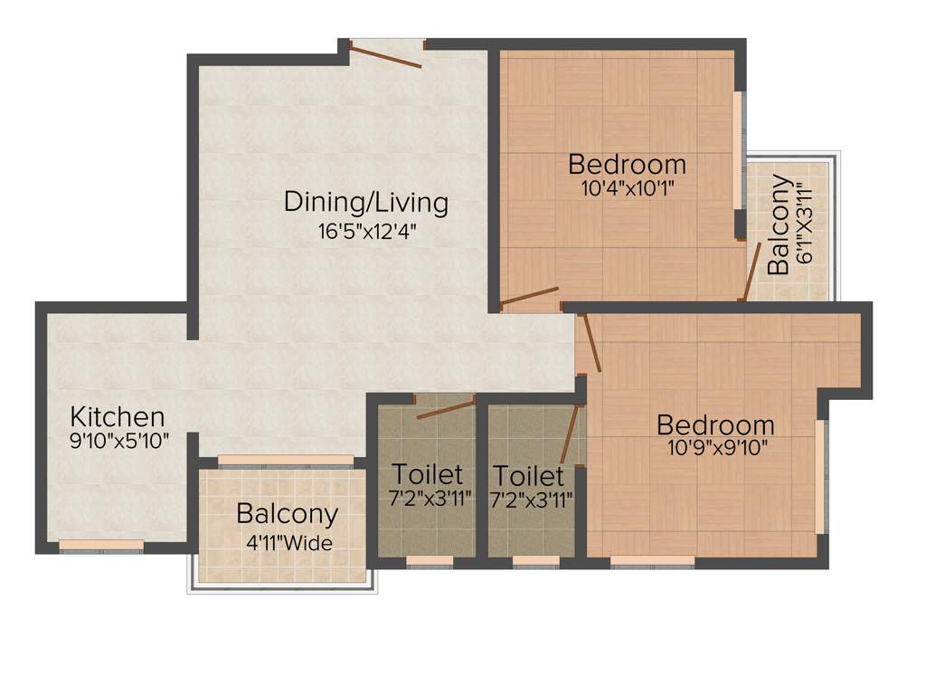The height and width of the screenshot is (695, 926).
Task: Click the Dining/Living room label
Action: click(365, 202)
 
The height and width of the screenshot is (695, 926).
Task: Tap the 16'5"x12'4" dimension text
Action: click(365, 231)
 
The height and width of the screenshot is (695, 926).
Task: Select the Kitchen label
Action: click(118, 417)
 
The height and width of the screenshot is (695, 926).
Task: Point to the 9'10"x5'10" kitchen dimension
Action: click(119, 441)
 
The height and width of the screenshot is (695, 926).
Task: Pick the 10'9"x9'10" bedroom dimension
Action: click(714, 447)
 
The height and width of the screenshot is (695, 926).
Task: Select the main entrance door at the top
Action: click(386, 53)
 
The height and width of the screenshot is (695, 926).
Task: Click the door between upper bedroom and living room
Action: click(528, 296)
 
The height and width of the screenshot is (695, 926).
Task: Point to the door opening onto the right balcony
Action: click(751, 271)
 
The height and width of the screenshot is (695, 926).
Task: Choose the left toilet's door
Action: click(447, 408)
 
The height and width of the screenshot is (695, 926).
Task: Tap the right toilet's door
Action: click(570, 435)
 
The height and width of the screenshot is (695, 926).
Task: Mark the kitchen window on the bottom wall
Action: click(101, 546)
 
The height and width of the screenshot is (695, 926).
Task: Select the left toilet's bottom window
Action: click(430, 561)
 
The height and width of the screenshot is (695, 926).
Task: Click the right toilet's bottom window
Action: click(535, 561)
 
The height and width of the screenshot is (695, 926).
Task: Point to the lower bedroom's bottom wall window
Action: click(652, 561)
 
